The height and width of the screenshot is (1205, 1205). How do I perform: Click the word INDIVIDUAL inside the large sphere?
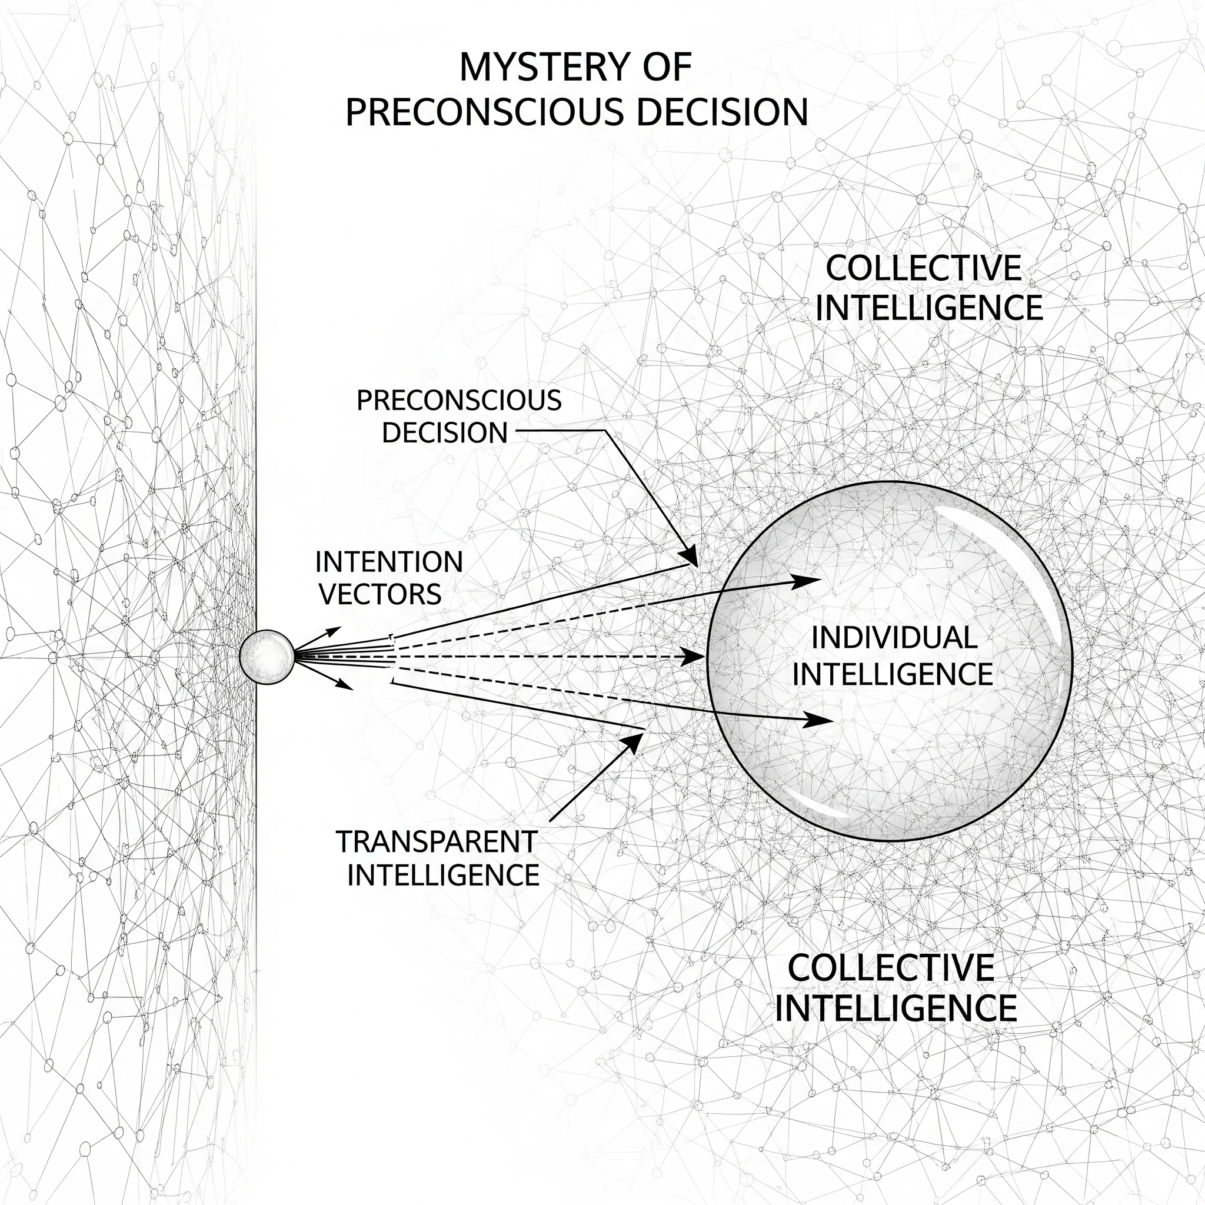[894, 638]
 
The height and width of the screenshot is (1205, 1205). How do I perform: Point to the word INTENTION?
[389, 562]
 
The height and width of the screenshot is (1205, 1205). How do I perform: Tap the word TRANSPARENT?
[437, 842]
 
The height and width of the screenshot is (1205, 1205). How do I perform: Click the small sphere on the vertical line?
[267, 657]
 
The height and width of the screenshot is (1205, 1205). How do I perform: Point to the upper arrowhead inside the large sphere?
[808, 580]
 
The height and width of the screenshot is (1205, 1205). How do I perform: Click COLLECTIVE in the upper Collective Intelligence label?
[924, 269]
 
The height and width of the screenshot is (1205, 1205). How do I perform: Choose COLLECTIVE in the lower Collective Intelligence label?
[891, 968]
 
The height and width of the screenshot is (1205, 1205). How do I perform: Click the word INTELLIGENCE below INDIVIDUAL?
[893, 674]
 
